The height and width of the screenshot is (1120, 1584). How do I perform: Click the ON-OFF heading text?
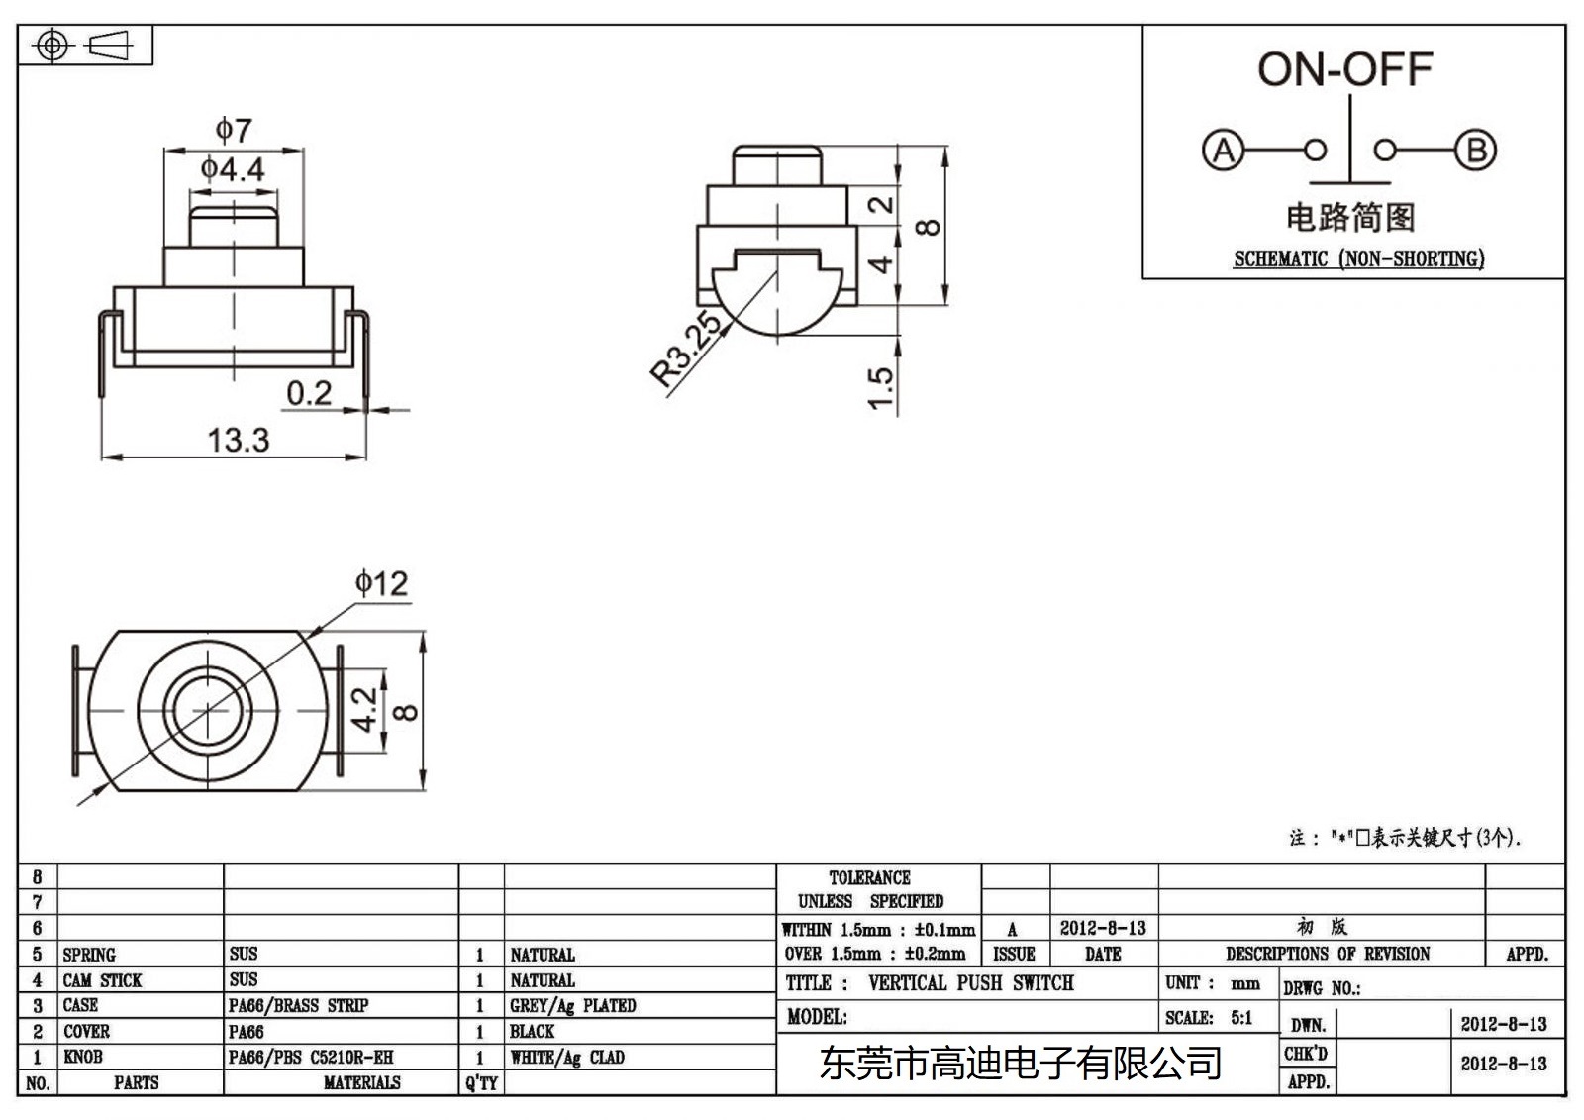[x=1344, y=69]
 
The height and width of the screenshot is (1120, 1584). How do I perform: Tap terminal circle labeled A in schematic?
[x=1223, y=151]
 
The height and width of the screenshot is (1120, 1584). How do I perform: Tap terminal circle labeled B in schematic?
[x=1475, y=151]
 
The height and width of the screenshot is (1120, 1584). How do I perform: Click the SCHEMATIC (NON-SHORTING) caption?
[x=1358, y=259]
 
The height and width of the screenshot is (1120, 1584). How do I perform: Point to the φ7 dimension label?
[x=234, y=130]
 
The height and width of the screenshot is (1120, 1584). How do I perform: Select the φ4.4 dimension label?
[x=233, y=169]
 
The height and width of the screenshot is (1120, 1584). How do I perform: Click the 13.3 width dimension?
[x=238, y=440]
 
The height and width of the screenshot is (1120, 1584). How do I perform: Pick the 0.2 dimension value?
[x=309, y=393]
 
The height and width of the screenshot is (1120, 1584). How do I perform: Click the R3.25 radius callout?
[x=685, y=349]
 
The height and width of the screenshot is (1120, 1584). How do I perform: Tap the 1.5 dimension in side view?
[x=880, y=387]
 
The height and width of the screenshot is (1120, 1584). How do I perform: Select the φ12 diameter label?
[x=381, y=583]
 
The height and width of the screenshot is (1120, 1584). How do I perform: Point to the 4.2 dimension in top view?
[x=365, y=710]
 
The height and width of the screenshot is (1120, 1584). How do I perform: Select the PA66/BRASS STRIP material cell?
[x=298, y=1005]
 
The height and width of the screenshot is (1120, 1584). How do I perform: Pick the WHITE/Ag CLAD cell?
[x=567, y=1058]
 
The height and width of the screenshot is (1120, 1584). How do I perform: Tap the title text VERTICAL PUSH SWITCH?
[x=970, y=983]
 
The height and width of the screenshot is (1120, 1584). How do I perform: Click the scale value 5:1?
[x=1240, y=1018]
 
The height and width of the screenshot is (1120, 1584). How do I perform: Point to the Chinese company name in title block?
[x=1020, y=1064]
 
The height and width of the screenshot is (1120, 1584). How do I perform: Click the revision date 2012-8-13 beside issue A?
[x=1102, y=928]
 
